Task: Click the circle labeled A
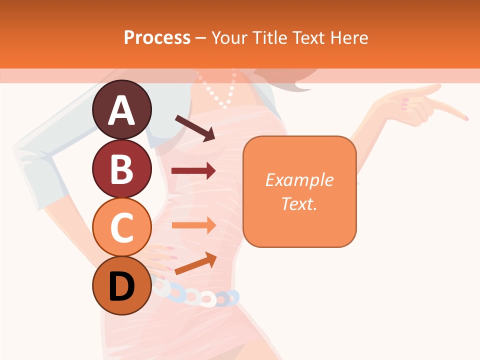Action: [121, 109]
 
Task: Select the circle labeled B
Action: [121, 168]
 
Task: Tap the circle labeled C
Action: [121, 227]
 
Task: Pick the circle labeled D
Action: [121, 285]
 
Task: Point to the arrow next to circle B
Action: [193, 171]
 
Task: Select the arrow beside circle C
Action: [193, 225]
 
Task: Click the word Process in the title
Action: [157, 37]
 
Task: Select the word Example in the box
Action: [299, 180]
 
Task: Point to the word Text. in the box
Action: [299, 203]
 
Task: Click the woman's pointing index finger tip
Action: [465, 118]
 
